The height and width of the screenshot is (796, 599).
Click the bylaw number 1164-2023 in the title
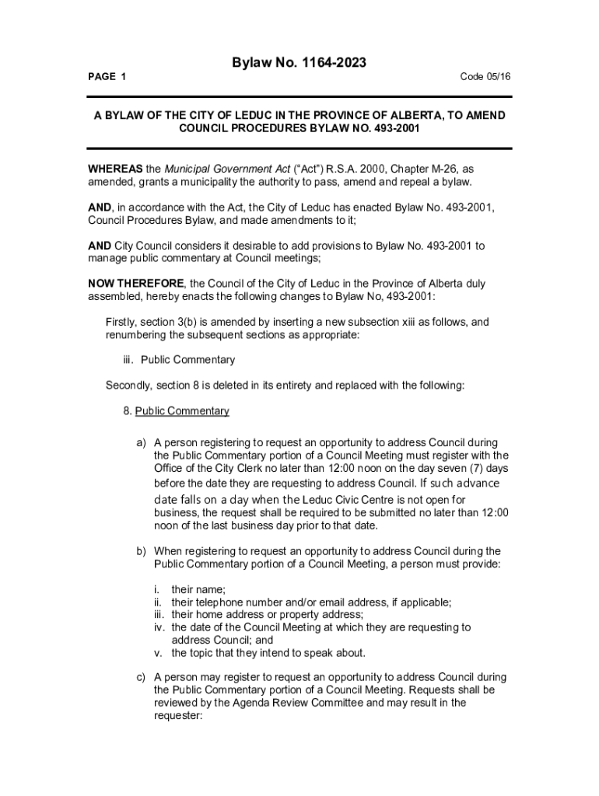point(324,61)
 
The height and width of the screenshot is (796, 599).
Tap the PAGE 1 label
point(107,76)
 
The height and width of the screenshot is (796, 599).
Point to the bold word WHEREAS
point(115,169)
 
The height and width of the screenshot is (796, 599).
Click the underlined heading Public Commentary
point(182,411)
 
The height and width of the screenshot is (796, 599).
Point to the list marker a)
point(142,442)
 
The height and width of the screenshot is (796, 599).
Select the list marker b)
point(142,551)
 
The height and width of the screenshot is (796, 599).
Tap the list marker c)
point(142,677)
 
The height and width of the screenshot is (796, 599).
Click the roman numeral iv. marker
point(159,627)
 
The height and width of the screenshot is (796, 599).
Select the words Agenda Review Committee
point(292,703)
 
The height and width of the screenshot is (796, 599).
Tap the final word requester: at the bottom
point(178,715)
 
